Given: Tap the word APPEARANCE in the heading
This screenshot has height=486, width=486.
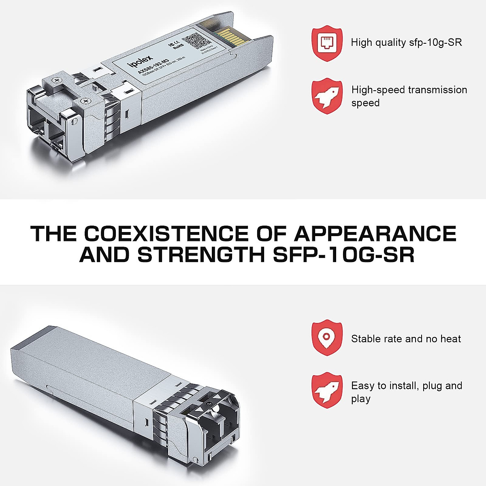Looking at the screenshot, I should pos(375,234).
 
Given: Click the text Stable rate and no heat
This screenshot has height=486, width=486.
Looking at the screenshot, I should pos(406,339).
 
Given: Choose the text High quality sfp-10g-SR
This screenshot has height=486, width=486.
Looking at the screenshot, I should pos(406,42).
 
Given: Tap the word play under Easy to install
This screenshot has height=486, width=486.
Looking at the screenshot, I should pos(360,399).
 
